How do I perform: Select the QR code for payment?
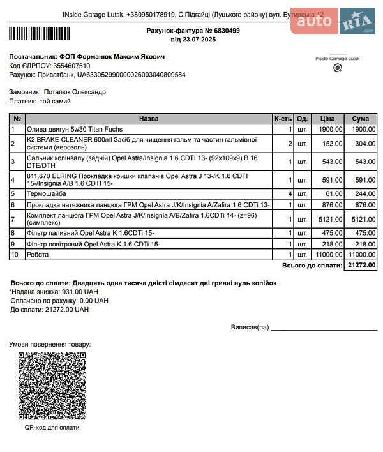(x=52, y=386)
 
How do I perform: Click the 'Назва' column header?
(x=149, y=119)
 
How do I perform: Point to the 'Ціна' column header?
(x=327, y=119)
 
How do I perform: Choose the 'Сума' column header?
(x=360, y=119)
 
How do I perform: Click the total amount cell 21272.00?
(x=361, y=265)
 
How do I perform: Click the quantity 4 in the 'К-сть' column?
(x=290, y=193)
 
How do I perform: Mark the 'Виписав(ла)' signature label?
(x=250, y=328)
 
